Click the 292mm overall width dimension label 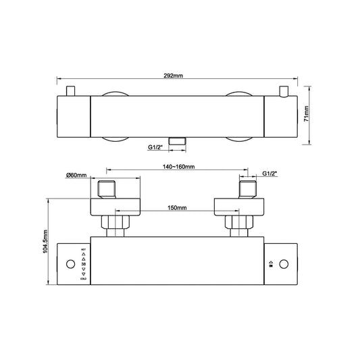tap(179, 76)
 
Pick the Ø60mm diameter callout tap(77, 176)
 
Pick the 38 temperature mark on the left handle tap(83, 263)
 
